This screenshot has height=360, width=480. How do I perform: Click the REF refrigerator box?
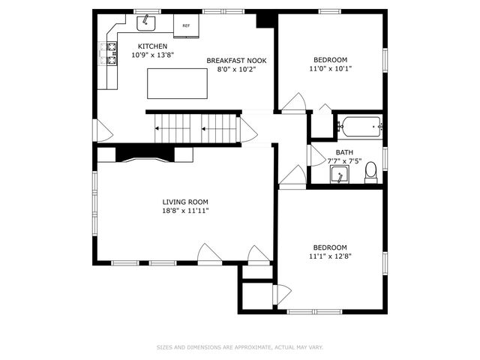(186, 25)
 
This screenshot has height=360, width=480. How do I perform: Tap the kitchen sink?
(145, 23)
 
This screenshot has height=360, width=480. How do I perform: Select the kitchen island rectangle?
(177, 83)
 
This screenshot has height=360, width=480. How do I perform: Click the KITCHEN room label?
(147, 46)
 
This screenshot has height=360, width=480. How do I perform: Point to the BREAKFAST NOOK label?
(236, 61)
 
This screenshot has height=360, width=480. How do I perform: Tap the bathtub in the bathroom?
(359, 127)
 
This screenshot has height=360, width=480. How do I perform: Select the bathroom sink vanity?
(340, 175)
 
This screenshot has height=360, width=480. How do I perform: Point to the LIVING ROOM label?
(185, 202)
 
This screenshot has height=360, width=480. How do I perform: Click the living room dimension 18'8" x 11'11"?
(185, 211)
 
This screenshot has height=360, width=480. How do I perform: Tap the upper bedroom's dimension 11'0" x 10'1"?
(331, 68)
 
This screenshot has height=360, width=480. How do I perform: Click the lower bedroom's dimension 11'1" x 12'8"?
(330, 256)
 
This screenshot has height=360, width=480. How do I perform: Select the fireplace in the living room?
(145, 154)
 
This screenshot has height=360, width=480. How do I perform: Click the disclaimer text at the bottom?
(240, 347)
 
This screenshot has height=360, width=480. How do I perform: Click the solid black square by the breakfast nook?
(265, 19)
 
